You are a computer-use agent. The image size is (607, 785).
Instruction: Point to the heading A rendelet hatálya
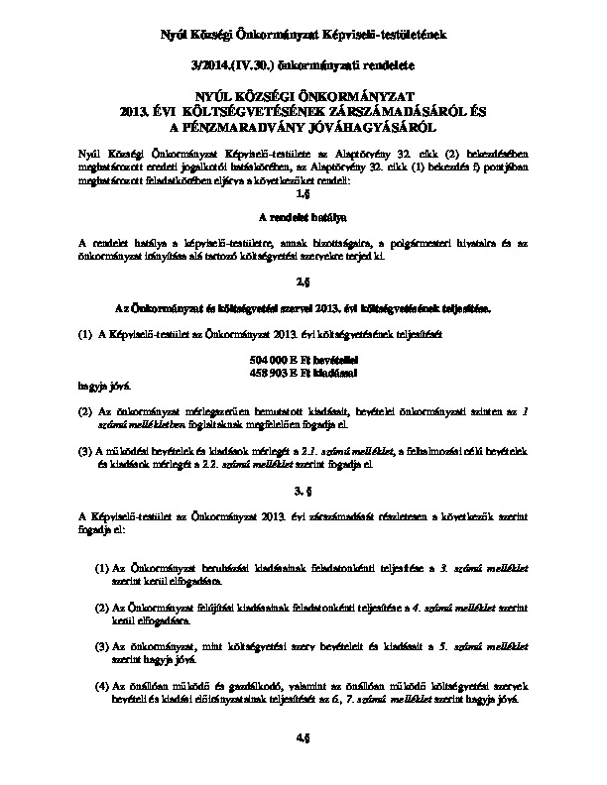click(303, 216)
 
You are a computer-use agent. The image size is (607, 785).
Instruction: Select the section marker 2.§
click(303, 281)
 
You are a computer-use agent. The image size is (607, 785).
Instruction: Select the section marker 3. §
click(303, 491)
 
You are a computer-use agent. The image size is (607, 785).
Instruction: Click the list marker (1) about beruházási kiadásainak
click(102, 569)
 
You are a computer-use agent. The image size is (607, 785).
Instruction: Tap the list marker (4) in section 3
click(102, 685)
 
